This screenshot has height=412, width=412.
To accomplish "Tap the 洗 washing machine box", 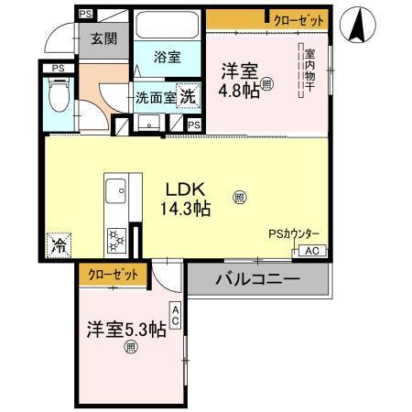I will coord(187,95).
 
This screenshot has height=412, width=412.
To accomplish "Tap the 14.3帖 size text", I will coord(187,209).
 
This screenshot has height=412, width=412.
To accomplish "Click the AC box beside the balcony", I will coord(311,251).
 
